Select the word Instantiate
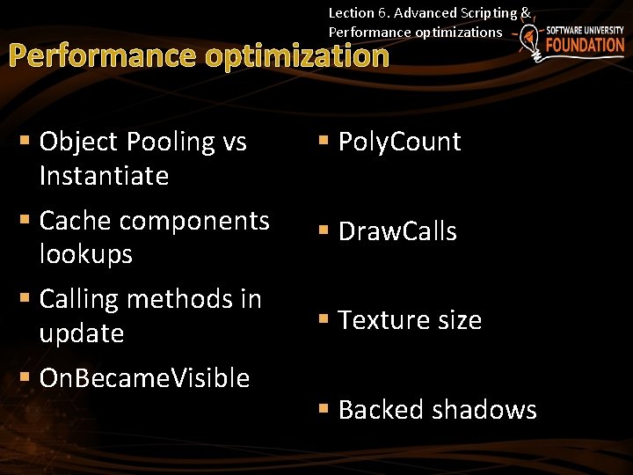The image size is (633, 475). click(x=104, y=176)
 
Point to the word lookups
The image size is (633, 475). click(x=85, y=254)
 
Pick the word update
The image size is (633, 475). click(x=81, y=333)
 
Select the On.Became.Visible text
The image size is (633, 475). click(x=144, y=378)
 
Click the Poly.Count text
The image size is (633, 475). click(x=399, y=142)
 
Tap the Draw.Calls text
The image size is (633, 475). click(x=397, y=232)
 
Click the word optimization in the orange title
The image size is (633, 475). click(x=296, y=56)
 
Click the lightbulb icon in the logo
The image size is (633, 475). click(x=527, y=40)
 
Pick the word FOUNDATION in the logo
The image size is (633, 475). click(x=585, y=45)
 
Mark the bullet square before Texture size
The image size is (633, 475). click(x=324, y=319)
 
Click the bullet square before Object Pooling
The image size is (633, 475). click(x=25, y=142)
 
